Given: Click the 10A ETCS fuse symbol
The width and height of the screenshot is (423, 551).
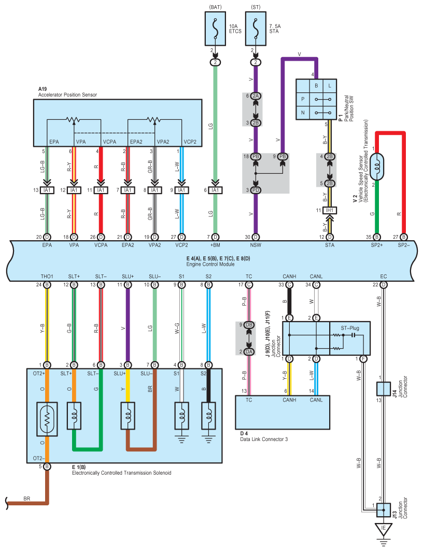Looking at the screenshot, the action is click(215, 29).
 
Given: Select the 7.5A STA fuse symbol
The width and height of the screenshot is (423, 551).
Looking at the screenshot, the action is click(256, 29).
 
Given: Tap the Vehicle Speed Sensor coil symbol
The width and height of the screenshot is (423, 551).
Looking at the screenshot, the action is click(377, 167).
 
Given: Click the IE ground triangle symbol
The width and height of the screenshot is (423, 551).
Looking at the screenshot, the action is click(383, 529).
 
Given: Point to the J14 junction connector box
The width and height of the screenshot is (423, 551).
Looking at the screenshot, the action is click(383, 389).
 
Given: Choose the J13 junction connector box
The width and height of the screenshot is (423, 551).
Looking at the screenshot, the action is click(383, 510).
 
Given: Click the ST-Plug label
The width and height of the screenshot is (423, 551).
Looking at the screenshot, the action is click(350, 328).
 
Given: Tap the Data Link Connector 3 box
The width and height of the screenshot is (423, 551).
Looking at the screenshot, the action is click(282, 412).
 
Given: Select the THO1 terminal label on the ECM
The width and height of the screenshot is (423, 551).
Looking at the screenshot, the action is click(47, 277).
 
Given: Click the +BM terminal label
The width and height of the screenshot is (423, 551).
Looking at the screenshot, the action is click(215, 245).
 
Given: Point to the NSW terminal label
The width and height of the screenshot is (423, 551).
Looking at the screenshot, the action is click(256, 245).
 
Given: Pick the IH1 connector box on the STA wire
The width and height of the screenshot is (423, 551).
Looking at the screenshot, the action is click(330, 211).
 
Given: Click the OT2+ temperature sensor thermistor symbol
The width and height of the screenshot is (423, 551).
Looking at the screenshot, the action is click(47, 419).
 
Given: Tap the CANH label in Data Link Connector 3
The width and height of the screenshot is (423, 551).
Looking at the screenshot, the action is click(289, 400).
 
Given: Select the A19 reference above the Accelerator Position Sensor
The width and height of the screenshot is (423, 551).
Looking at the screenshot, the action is click(43, 89).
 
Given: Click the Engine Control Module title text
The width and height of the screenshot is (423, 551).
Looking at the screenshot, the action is click(210, 264).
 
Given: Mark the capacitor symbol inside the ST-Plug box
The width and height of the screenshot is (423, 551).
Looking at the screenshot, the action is click(353, 335).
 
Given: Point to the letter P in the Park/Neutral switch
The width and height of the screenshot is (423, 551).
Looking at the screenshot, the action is click(303, 99).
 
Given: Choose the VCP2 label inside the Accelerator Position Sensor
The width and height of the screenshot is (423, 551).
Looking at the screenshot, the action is click(190, 142).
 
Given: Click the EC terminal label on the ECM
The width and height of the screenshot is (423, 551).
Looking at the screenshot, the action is click(383, 277).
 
